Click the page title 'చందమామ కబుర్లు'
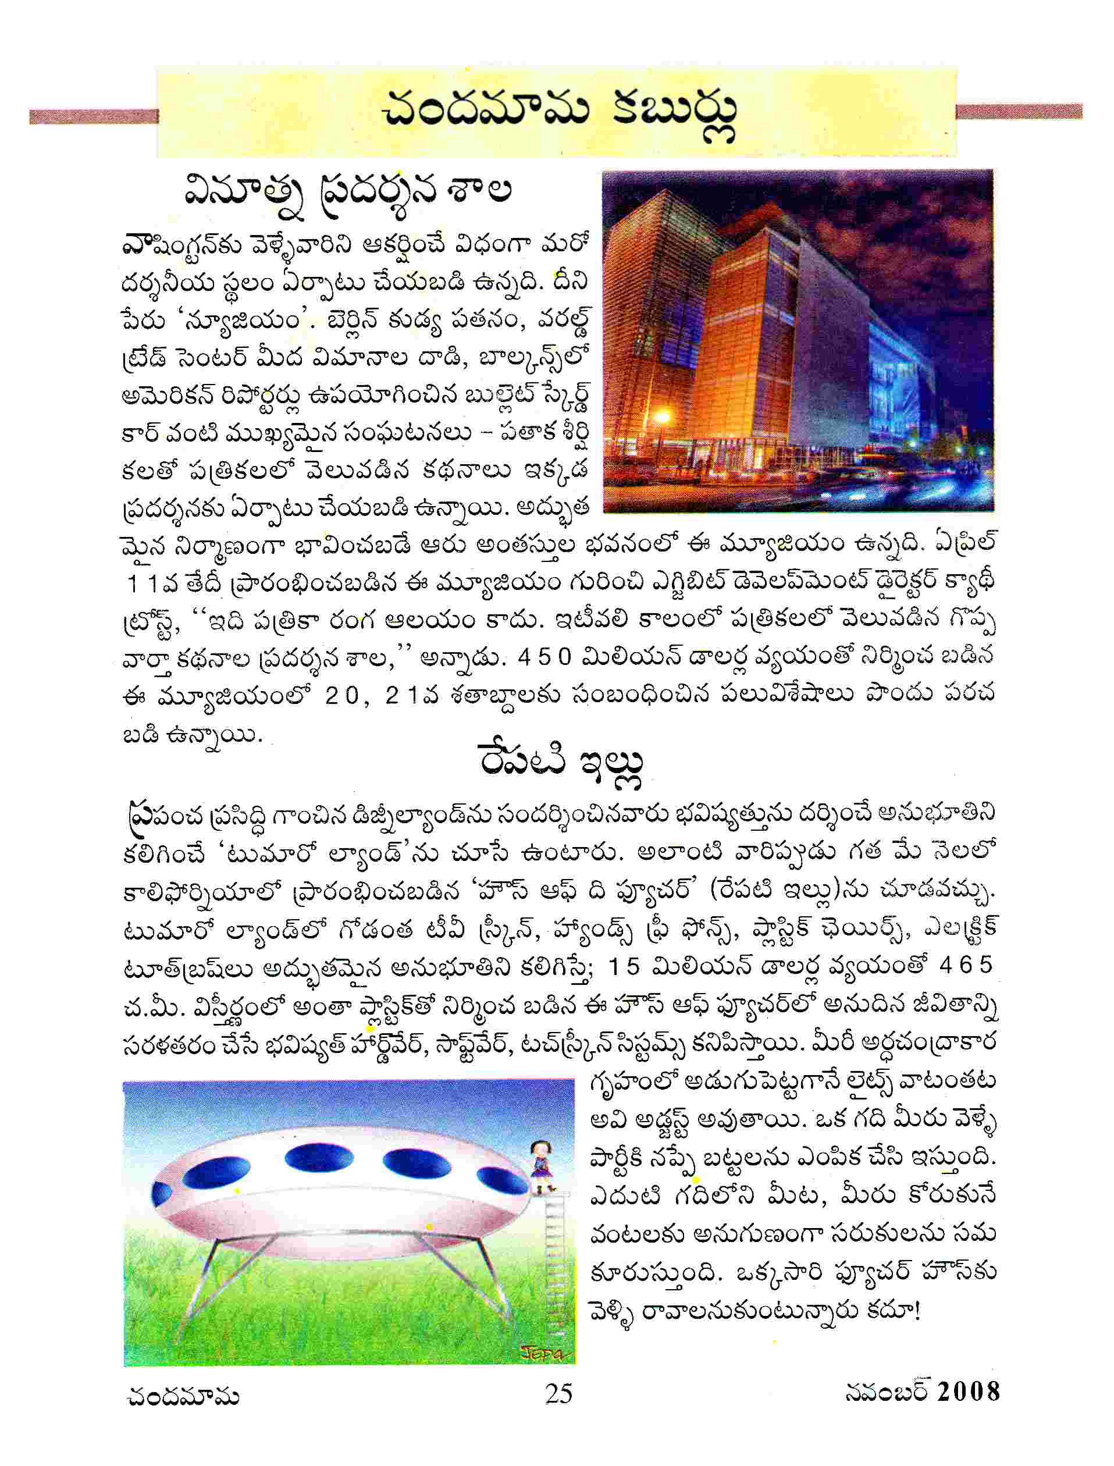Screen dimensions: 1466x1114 (559, 113)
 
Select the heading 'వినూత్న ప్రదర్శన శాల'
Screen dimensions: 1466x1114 (347, 193)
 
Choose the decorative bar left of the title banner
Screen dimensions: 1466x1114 (94, 116)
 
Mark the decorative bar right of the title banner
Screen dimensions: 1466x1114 (1019, 111)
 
